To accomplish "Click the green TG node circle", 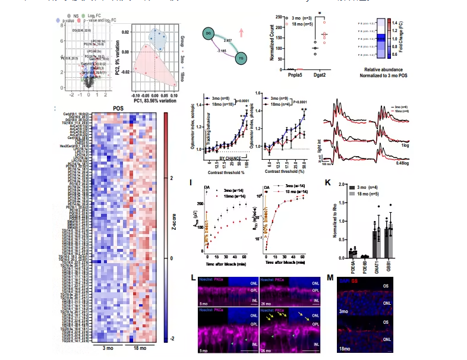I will tap(241, 58).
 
